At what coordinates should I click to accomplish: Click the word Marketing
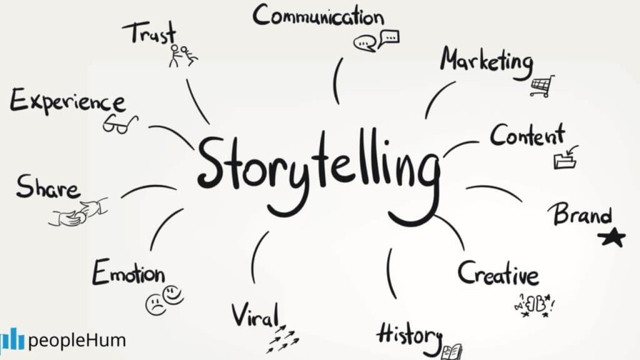(487, 61)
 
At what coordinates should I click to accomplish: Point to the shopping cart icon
(541, 86)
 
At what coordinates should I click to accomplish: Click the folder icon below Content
(565, 158)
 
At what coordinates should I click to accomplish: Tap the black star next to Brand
(611, 237)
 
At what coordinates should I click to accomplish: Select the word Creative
(498, 273)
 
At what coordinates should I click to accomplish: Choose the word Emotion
(129, 273)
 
